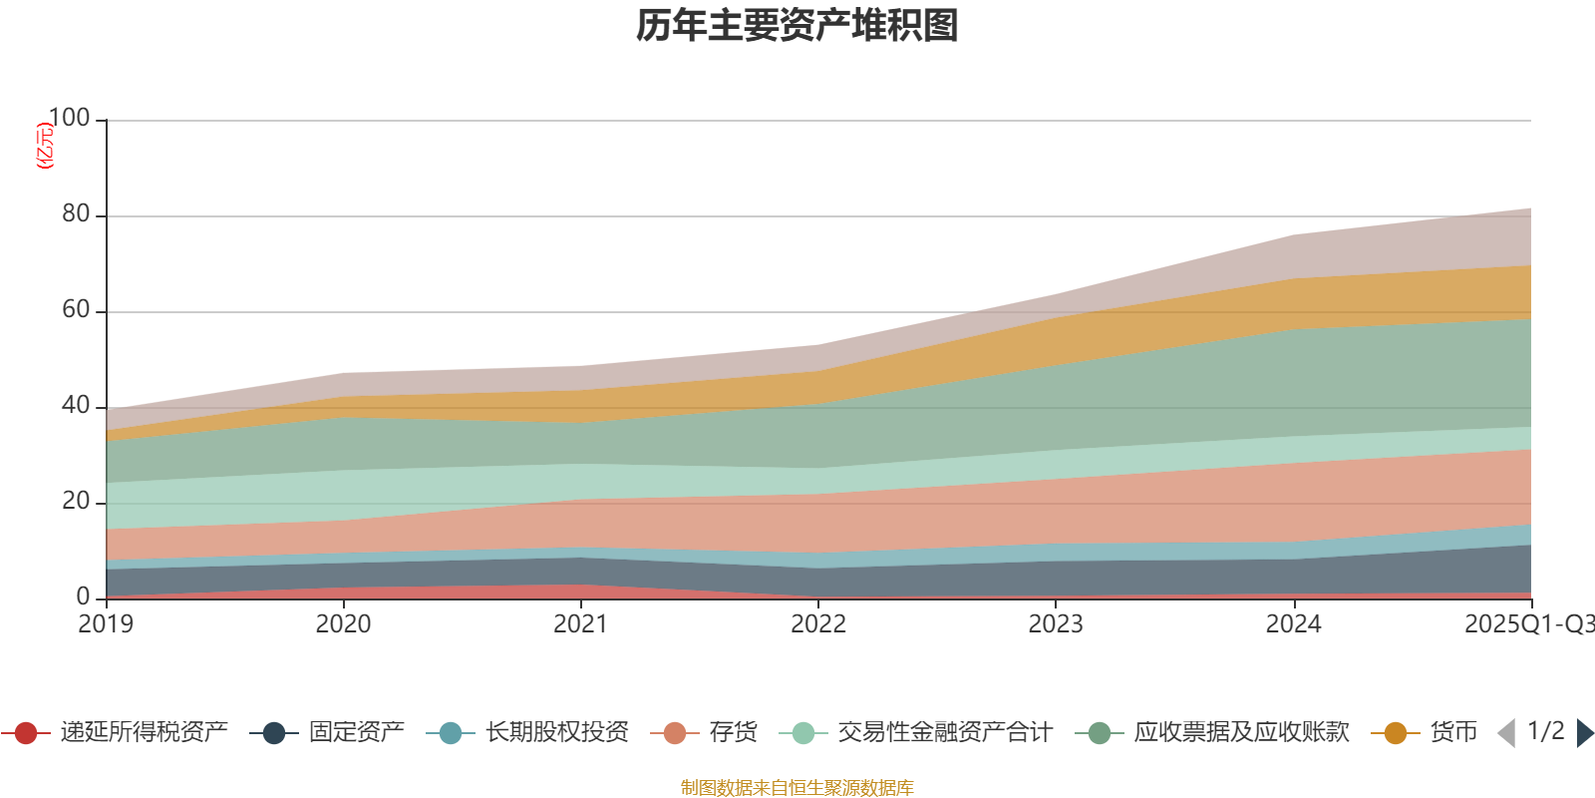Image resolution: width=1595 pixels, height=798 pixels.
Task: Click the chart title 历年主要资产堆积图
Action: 797,26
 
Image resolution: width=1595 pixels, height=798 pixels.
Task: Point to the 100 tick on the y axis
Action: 69,119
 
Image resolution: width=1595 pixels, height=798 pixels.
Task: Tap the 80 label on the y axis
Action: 76,214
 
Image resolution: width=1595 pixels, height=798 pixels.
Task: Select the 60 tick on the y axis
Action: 76,310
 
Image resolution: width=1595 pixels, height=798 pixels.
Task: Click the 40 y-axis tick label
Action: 76,406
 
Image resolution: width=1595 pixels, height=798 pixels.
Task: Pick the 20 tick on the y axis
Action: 76,502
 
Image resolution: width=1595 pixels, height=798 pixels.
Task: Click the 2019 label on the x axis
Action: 106,624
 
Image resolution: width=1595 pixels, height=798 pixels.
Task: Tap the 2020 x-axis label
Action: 343,624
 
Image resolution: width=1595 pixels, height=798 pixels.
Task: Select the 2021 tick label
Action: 580,624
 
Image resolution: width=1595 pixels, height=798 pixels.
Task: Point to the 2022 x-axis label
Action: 818,624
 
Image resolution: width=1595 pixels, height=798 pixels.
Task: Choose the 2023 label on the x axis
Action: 1056,624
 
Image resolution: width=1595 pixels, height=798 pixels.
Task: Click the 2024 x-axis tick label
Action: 1293,624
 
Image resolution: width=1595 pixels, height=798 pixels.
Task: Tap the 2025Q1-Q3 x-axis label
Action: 1527,624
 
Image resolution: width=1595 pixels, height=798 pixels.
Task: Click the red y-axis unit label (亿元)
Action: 45,146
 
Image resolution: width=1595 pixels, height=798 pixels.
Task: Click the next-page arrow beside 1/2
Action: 1585,733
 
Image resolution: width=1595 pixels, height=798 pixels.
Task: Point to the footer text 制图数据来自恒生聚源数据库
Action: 797,788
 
